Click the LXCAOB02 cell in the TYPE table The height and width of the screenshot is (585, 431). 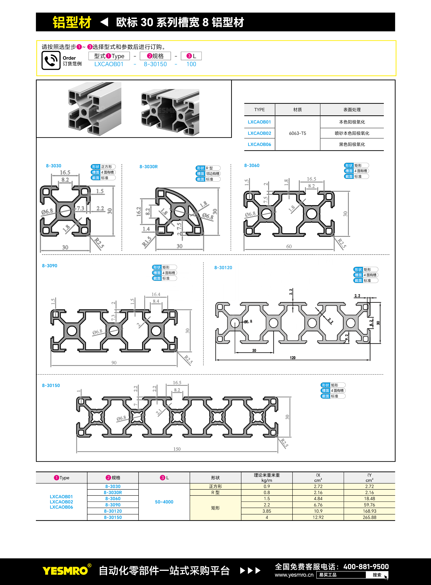pos(259,133)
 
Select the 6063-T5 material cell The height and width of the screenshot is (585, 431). pos(297,133)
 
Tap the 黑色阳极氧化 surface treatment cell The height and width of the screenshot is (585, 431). pos(352,144)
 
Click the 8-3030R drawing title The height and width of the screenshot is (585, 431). pos(148,166)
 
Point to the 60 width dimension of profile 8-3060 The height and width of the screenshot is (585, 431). pos(289,246)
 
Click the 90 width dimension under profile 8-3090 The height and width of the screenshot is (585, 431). pos(114,362)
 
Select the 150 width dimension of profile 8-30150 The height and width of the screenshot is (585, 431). pos(177,449)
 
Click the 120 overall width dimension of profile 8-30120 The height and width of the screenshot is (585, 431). pos(292,358)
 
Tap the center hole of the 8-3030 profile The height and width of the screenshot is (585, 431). pos(65,211)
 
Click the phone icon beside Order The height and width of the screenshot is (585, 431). pos(51,60)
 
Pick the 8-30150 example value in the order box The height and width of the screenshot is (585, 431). pos(155,64)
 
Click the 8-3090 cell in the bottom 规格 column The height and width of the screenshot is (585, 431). pos(113,505)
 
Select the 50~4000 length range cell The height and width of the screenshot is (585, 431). pos(164,502)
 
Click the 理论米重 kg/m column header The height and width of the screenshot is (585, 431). pos(267,477)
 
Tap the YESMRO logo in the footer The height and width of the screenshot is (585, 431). pos(65,571)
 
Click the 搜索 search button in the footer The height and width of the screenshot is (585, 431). pos(377,575)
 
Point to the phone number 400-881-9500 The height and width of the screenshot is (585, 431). pos(366,566)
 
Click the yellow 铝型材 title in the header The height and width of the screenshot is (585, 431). pos(72,22)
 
